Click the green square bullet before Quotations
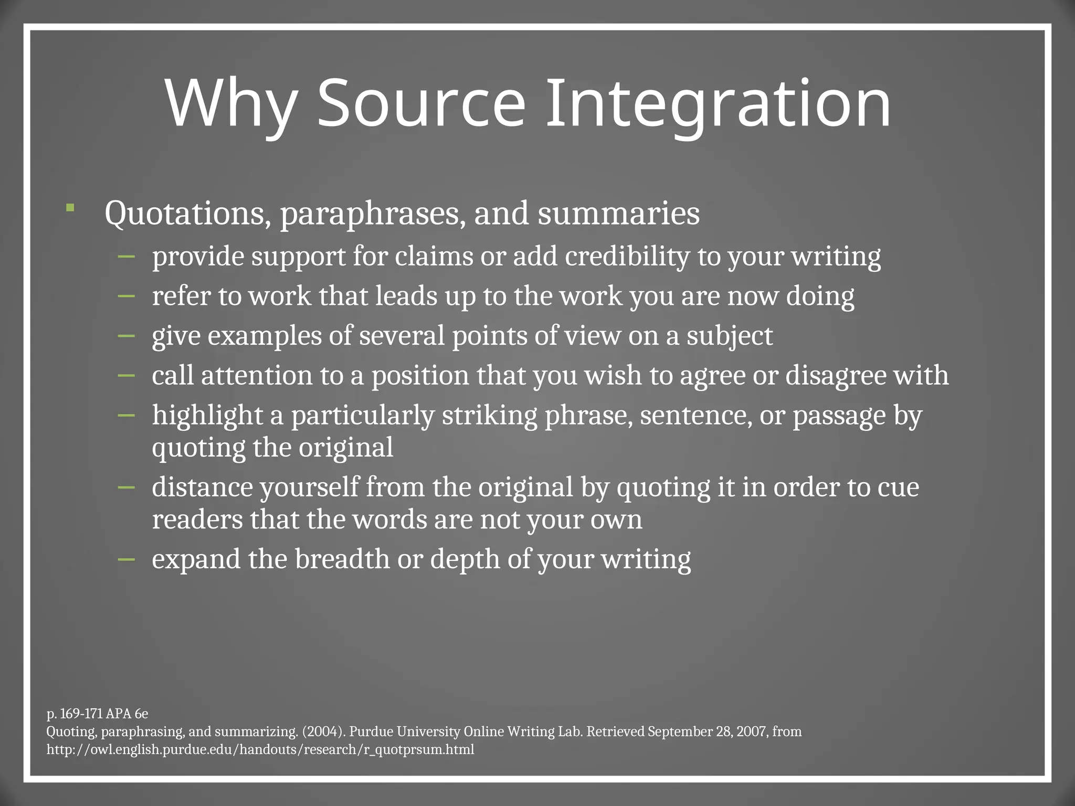(x=70, y=208)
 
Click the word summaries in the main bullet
(x=618, y=214)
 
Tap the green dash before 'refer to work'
(x=127, y=296)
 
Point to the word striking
(x=489, y=416)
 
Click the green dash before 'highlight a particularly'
(x=127, y=415)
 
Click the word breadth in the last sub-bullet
(x=342, y=559)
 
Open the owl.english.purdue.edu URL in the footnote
(x=260, y=749)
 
